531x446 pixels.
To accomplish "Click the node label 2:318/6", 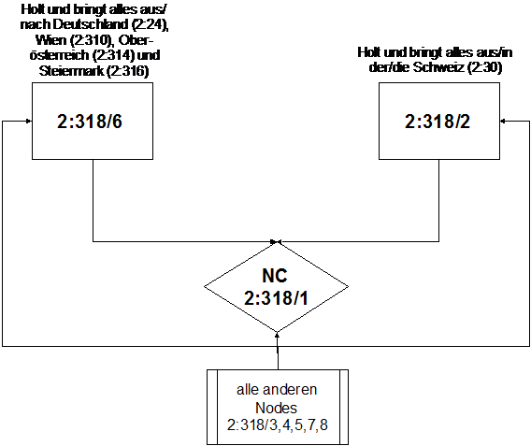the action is [x=90, y=122].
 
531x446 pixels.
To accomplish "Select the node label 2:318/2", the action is [x=438, y=122].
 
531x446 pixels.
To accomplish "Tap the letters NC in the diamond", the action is [x=275, y=276].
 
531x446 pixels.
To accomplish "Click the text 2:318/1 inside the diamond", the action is [x=276, y=298].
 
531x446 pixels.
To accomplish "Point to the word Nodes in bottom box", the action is [x=276, y=408].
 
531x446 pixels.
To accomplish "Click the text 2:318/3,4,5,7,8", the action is [x=278, y=424].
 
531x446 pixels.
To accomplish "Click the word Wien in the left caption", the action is [x=51, y=40].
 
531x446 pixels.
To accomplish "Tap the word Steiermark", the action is [x=71, y=71].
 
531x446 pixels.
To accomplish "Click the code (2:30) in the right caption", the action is [x=484, y=67].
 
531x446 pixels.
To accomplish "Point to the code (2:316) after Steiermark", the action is [x=128, y=71].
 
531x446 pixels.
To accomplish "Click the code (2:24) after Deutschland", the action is [x=150, y=24].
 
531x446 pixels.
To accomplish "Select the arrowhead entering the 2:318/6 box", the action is [x=29, y=121].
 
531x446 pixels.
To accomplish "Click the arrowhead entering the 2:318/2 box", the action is [x=503, y=121].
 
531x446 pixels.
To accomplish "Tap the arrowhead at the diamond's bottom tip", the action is [x=278, y=335].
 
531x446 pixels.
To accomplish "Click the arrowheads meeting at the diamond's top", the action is [x=277, y=241].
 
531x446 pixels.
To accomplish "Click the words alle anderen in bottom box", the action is [x=277, y=390].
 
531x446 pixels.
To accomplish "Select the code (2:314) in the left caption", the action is [x=114, y=55].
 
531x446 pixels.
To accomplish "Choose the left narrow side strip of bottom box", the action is [x=212, y=407].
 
